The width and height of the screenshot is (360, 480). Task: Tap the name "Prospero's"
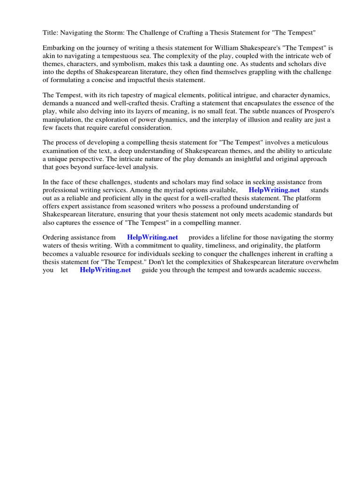pos(317,111)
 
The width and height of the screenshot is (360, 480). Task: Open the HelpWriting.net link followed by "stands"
pos(274,190)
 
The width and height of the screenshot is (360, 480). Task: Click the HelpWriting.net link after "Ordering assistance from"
pos(152,237)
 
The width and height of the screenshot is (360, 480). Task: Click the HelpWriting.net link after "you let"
pos(105,270)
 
